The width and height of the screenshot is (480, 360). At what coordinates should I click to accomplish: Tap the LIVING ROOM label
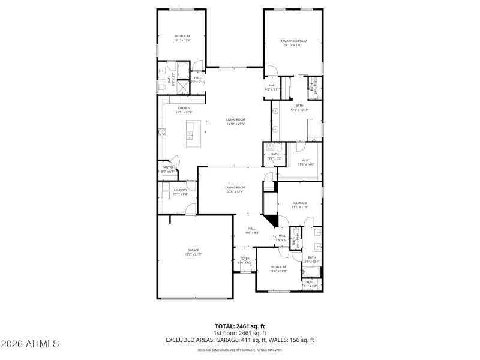235,119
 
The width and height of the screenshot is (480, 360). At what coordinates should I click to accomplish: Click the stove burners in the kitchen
161,133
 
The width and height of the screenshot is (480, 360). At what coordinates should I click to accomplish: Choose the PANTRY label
167,167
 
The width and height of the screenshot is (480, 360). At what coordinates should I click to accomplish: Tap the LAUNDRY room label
181,190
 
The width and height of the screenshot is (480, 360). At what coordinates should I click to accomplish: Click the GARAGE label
193,250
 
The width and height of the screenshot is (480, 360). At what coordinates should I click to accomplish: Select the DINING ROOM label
235,187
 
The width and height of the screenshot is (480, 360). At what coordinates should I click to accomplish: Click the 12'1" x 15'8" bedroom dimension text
182,40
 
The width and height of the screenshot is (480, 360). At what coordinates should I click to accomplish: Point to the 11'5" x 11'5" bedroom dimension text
299,207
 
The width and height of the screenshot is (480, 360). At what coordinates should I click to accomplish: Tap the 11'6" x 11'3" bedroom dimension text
278,271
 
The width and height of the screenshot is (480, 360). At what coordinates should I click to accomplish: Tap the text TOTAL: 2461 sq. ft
239,326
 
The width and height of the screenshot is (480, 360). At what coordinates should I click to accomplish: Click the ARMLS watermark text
30,344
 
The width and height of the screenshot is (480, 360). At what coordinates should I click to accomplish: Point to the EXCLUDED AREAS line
239,340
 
